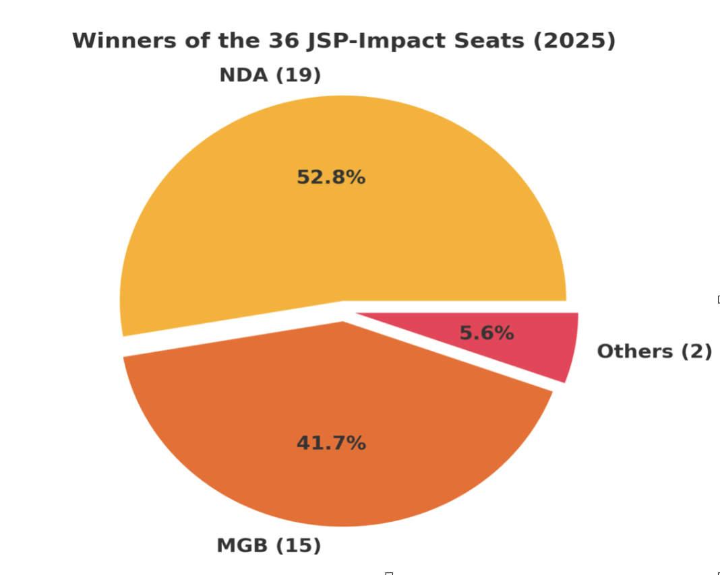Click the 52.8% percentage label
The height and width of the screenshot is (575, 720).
[331, 178]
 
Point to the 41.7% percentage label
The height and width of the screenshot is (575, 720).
[331, 443]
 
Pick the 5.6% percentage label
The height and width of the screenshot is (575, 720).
[486, 333]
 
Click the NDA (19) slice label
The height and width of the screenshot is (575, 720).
[270, 75]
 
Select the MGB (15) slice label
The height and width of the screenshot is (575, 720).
[268, 545]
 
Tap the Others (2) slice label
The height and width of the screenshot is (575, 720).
[654, 351]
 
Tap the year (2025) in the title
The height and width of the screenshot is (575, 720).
[574, 41]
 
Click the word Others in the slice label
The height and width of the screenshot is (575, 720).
[635, 351]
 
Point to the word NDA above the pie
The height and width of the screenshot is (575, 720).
[243, 75]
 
